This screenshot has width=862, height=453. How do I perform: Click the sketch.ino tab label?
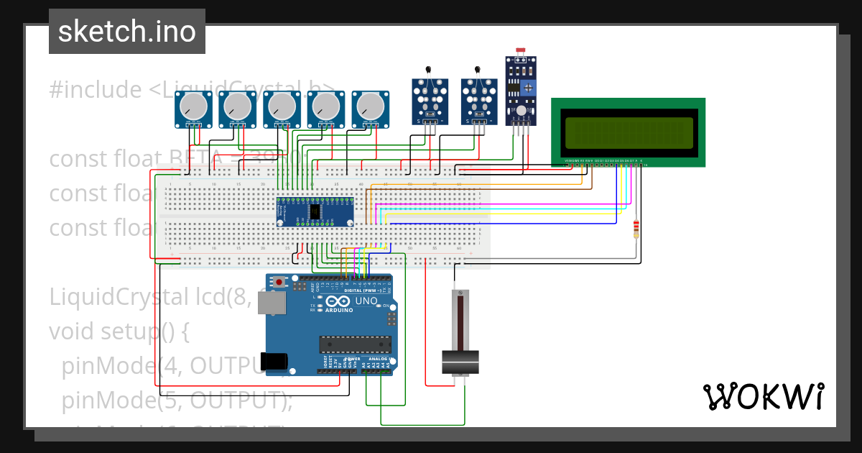point(127,32)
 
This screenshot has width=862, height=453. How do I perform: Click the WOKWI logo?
point(763,396)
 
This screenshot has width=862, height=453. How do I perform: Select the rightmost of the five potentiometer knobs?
point(370,108)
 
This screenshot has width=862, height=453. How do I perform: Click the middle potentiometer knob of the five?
point(282,108)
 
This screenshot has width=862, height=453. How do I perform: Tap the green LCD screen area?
point(629,132)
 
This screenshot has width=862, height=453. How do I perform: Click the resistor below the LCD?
point(635,229)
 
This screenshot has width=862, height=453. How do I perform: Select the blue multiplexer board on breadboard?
point(315,211)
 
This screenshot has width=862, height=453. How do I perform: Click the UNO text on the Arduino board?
point(366,301)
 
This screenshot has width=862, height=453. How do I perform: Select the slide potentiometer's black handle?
point(460,362)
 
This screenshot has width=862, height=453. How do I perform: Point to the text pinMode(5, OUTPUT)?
point(177,400)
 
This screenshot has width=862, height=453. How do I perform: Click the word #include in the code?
point(96,90)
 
